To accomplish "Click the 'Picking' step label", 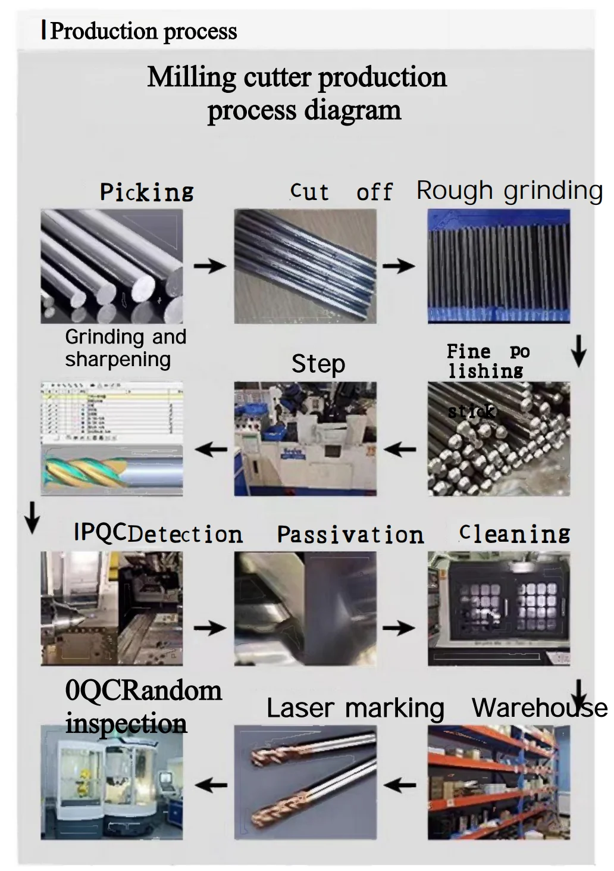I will (146, 192).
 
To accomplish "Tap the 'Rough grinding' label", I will (509, 191).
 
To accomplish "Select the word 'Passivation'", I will (350, 535).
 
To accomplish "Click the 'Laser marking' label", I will (355, 708).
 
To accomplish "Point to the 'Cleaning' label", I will (515, 533).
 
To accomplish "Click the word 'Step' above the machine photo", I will (318, 364).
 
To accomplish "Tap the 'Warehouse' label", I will (539, 708).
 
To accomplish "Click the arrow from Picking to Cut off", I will (209, 266).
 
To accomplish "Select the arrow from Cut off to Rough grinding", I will (399, 266).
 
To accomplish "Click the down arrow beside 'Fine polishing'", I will (578, 351).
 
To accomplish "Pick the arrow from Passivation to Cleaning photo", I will (399, 627).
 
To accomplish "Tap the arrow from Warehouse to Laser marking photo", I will (400, 785).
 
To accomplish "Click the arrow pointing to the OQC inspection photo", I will (211, 785).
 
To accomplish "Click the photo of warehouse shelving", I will (499, 782).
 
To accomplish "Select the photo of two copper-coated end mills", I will (305, 782).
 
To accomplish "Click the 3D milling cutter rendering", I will (111, 470).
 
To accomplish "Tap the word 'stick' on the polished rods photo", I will (471, 411).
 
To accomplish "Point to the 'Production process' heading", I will (143, 31).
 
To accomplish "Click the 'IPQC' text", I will (100, 532).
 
